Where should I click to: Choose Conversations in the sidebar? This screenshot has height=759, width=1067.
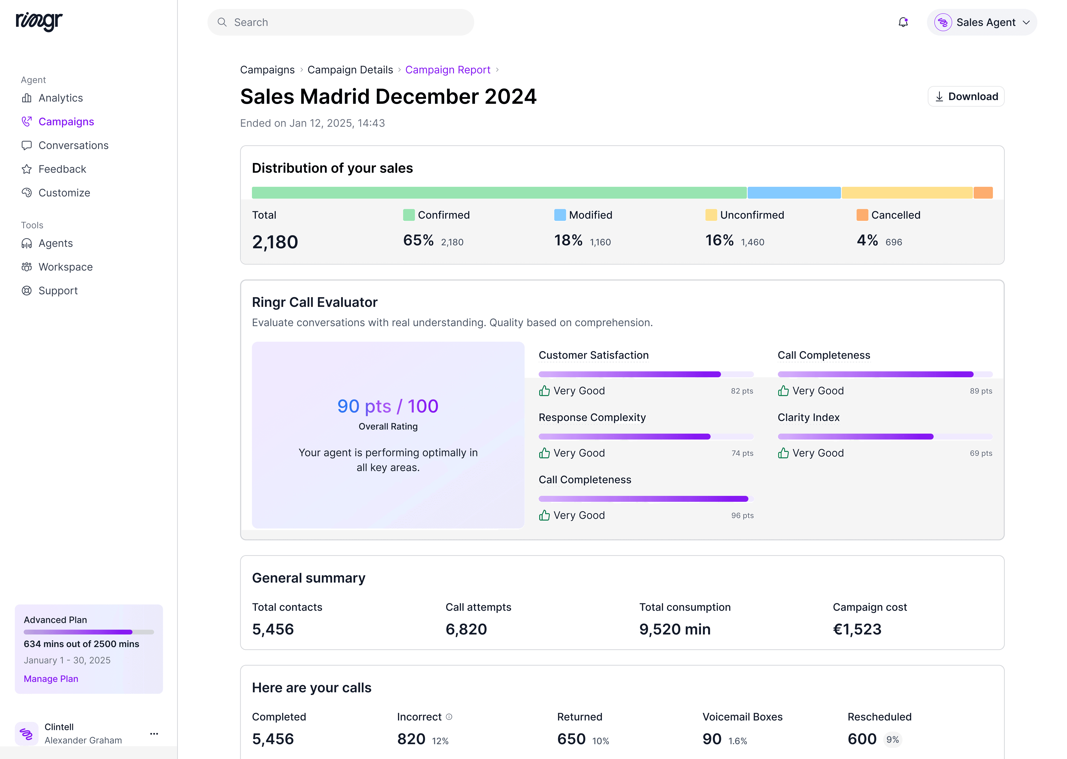[x=73, y=145]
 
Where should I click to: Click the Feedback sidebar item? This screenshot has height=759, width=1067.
[x=62, y=169]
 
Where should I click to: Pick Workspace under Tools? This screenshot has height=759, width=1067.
[x=65, y=267]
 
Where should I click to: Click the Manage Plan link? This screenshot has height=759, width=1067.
[x=51, y=679]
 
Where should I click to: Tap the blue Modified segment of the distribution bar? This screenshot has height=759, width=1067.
[x=794, y=192]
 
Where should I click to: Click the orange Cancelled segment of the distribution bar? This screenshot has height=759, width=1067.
[x=983, y=192]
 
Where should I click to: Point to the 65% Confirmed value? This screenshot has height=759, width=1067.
[x=418, y=240]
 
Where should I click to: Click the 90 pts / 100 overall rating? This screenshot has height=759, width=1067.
[x=388, y=406]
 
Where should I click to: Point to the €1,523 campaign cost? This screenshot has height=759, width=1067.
[x=857, y=629]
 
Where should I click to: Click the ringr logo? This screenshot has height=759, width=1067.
[x=39, y=21]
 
